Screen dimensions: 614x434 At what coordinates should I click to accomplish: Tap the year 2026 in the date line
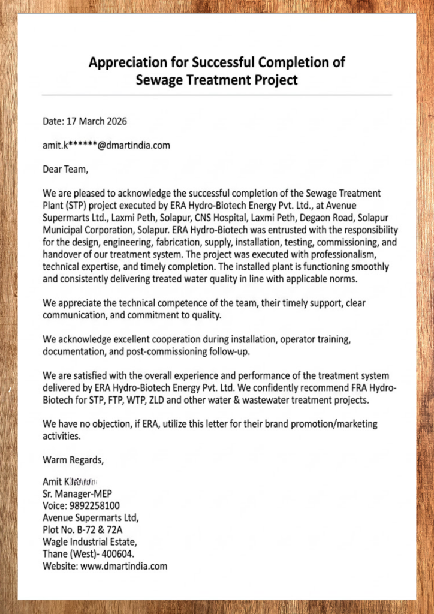click(x=116, y=121)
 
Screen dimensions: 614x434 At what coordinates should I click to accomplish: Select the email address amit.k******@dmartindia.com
click(x=106, y=145)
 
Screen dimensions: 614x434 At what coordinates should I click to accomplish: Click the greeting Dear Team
click(x=65, y=169)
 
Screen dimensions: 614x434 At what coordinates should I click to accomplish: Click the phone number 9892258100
click(x=94, y=505)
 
